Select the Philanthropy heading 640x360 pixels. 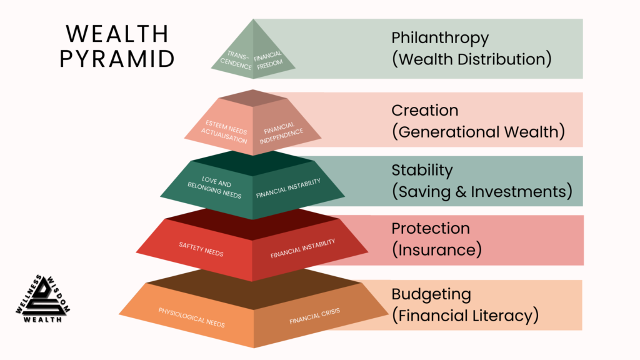[x=440, y=37]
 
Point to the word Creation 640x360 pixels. [x=425, y=110]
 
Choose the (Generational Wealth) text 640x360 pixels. [x=478, y=132]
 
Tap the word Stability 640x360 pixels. [x=422, y=170]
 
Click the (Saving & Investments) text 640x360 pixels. [x=482, y=192]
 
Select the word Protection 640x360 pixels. [x=431, y=228]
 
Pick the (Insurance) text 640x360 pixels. [x=437, y=250]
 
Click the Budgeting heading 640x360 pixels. [x=431, y=294]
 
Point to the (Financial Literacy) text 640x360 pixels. [x=465, y=316]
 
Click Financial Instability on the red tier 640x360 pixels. [x=302, y=249]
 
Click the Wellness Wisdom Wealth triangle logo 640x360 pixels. [x=42, y=299]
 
